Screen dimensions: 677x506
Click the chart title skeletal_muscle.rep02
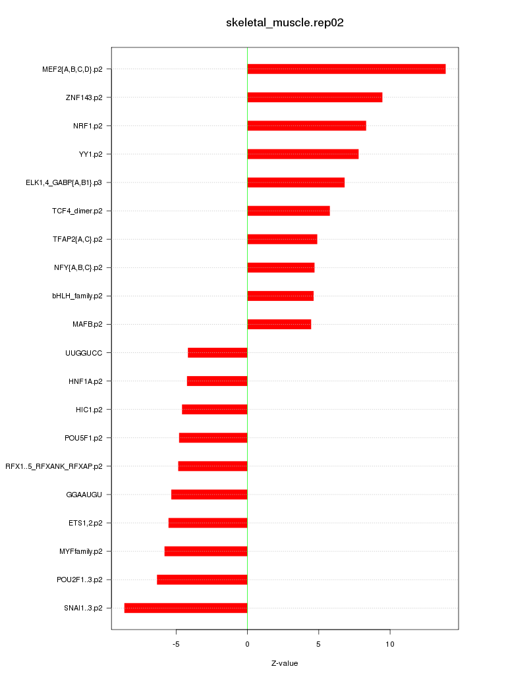click(285, 23)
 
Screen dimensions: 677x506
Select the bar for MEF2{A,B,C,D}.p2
click(346, 69)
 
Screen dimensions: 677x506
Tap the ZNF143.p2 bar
click(314, 97)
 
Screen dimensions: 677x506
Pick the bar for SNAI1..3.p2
click(186, 608)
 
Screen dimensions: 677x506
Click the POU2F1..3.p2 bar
click(202, 580)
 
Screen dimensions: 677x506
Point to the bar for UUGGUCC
click(217, 352)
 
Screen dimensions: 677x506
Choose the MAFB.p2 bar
click(279, 324)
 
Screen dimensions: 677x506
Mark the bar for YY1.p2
click(302, 154)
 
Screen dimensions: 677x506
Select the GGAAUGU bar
click(209, 495)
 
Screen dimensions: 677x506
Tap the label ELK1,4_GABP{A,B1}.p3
click(64, 182)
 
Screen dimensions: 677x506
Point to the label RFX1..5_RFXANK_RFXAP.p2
click(54, 466)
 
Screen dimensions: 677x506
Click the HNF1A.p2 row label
click(86, 381)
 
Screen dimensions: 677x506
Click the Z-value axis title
click(285, 663)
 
